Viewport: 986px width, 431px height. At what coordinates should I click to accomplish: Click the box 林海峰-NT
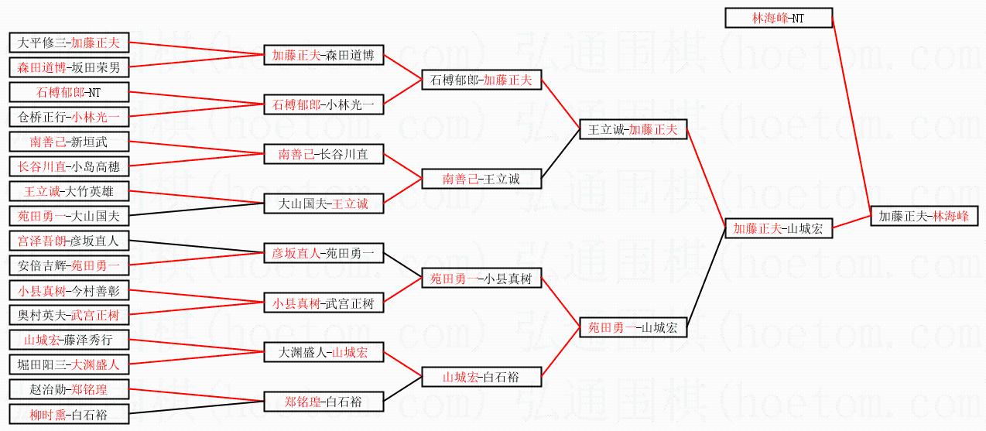coord(778,18)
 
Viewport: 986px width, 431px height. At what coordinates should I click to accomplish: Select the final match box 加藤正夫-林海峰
coord(924,216)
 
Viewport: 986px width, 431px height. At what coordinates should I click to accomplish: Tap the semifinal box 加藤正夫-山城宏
coord(779,228)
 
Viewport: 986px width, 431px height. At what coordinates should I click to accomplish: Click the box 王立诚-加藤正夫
coord(632,129)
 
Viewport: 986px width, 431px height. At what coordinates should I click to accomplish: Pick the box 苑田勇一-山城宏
coord(632,327)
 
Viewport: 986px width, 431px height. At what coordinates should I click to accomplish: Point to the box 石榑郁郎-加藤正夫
coord(481,80)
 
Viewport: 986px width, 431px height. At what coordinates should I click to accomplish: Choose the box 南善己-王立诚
coord(481,179)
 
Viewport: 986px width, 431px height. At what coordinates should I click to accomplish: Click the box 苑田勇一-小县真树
coord(481,278)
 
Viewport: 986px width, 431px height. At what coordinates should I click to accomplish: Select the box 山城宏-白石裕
coord(481,377)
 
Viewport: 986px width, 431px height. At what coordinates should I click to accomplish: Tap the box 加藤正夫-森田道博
coord(323,55)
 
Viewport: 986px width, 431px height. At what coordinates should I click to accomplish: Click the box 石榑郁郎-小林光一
coord(323,104)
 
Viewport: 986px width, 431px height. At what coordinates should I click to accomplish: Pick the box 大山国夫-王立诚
coord(323,204)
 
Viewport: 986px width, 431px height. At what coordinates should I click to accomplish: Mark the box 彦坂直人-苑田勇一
coord(323,253)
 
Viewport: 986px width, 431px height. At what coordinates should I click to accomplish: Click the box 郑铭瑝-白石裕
coord(323,402)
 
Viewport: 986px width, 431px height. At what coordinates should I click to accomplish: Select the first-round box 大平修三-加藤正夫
coord(69,43)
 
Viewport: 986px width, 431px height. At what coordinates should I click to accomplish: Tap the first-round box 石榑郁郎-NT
coord(69,92)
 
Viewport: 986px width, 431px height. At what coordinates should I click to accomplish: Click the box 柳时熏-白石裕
coord(69,416)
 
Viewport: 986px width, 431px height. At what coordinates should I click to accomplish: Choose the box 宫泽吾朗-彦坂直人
coord(69,241)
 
